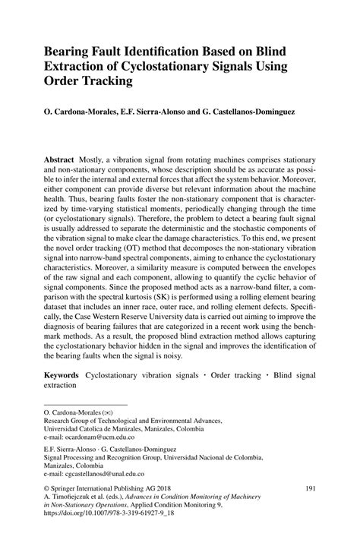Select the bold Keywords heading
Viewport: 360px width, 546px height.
[x=62, y=375]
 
